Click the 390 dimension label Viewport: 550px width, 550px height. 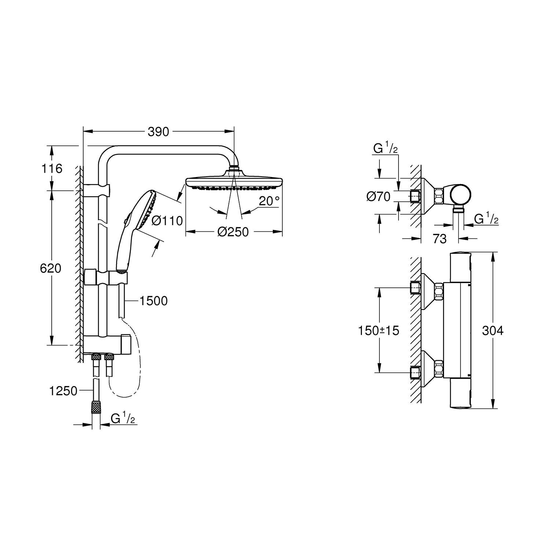(158, 132)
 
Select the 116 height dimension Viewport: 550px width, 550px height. (52, 169)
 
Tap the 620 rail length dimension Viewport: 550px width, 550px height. (51, 268)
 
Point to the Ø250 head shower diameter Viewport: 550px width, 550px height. (233, 232)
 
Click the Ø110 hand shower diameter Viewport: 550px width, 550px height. (167, 221)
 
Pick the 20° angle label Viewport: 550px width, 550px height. (269, 201)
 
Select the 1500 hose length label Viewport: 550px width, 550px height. (153, 301)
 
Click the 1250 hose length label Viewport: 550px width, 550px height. (63, 391)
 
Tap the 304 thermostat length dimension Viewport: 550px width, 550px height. (492, 331)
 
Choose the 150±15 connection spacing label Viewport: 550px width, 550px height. (379, 331)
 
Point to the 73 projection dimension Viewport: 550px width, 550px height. (440, 239)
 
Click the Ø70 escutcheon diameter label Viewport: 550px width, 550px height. (378, 197)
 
